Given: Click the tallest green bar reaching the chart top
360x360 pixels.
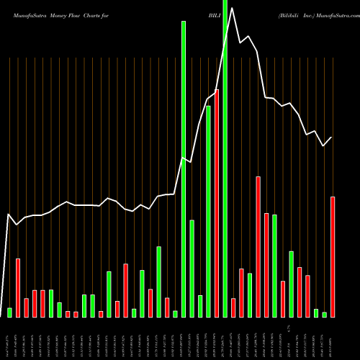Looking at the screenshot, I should pos(225,158).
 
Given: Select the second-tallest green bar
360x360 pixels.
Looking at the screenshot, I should pos(184,169).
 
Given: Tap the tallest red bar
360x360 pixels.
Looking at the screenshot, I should pos(217,203).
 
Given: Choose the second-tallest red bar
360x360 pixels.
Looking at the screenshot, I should pos(258,246).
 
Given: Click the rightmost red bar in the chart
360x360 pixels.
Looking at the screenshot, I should pos(333,256).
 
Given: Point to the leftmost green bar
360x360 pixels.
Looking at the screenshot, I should pos(10,312).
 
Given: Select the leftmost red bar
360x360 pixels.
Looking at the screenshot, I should pos(18,287).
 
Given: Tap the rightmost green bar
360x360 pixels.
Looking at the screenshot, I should pos(324,315).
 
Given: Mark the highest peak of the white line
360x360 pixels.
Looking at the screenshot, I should pos(232,18).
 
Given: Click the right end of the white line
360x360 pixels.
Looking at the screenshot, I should pos(332,138).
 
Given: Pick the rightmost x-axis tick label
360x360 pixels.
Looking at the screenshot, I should pos(333,334).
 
